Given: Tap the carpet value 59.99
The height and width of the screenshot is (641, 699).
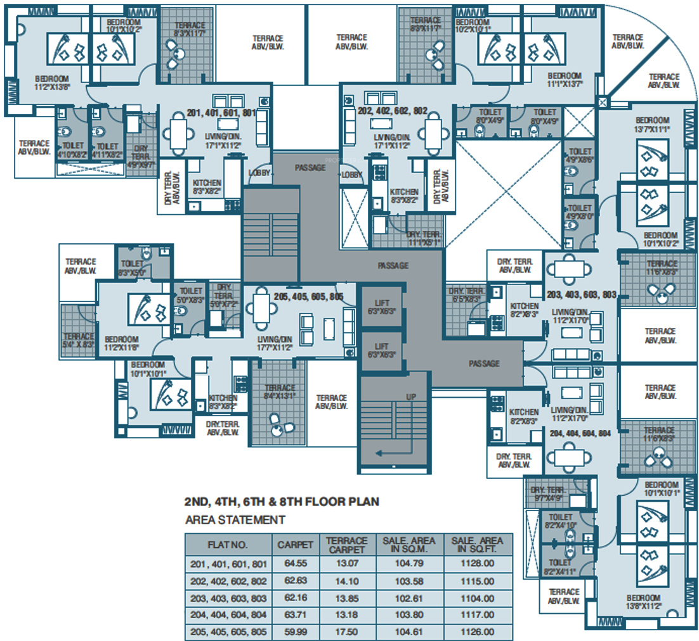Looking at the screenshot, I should click(294, 632).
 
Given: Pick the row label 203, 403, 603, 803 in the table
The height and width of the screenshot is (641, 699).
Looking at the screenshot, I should click(228, 598).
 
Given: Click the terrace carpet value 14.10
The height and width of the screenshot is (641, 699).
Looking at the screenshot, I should click(346, 581).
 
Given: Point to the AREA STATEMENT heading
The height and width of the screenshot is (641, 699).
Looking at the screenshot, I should click(235, 520).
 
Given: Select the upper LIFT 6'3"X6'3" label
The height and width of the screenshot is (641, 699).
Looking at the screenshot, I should click(382, 307).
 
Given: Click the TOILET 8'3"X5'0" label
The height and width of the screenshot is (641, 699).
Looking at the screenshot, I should click(133, 268).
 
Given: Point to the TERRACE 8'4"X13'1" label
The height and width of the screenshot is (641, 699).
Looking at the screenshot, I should click(280, 393).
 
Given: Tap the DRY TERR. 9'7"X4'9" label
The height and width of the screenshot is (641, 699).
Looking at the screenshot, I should click(547, 493).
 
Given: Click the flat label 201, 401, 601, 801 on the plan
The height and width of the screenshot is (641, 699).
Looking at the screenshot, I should click(221, 113).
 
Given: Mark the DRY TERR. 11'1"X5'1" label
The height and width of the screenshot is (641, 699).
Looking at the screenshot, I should click(424, 238).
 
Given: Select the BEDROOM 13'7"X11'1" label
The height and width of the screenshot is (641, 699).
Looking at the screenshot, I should click(653, 124).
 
